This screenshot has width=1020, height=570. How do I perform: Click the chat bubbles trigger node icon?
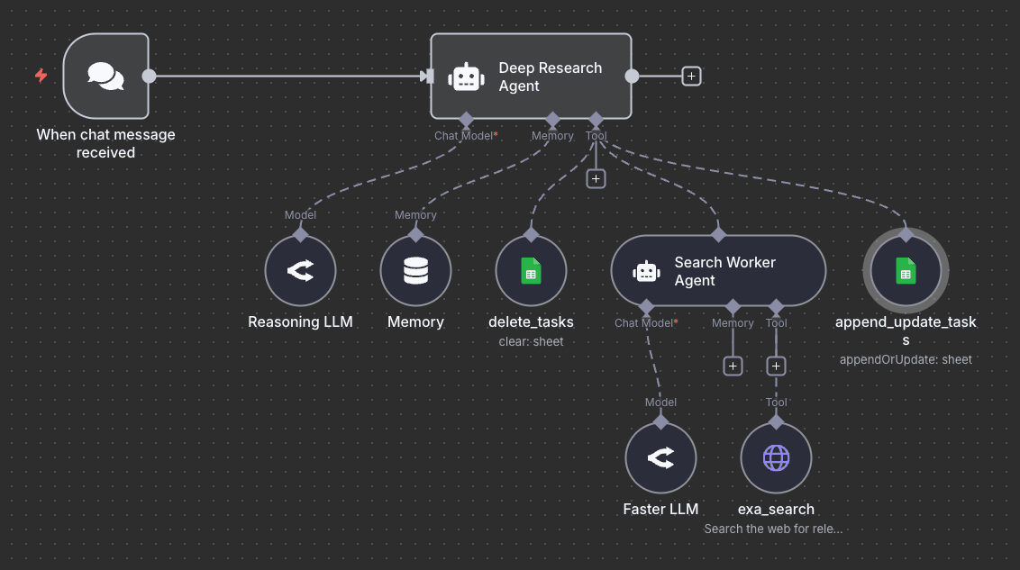tap(106, 76)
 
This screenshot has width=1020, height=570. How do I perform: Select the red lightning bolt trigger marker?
tap(41, 76)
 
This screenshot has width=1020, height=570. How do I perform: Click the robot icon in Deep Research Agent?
tap(466, 77)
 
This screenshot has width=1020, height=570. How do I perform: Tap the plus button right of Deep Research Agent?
tap(691, 77)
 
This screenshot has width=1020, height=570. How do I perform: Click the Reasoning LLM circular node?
tap(300, 271)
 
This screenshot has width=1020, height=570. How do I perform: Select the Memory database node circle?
tap(415, 271)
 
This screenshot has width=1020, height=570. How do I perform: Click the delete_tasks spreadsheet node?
tap(531, 271)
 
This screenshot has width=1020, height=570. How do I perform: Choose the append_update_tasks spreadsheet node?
tap(906, 271)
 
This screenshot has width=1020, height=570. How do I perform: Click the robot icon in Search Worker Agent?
tap(646, 271)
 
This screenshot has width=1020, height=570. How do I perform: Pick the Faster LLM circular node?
tap(660, 458)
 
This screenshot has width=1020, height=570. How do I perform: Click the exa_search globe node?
tap(776, 458)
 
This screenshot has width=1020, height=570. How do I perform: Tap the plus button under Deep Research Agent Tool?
tap(596, 178)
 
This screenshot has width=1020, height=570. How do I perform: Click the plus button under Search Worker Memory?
tap(733, 366)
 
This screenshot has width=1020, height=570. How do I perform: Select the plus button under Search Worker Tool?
tap(776, 366)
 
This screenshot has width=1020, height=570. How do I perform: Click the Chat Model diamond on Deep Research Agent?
tap(466, 120)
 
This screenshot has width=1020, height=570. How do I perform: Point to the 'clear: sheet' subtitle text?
tap(531, 341)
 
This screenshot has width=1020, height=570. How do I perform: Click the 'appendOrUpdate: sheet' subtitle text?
tap(906, 359)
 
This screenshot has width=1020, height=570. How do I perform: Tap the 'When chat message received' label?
tap(105, 144)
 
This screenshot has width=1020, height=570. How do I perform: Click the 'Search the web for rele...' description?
tap(773, 529)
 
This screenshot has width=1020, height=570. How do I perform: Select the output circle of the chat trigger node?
tap(150, 77)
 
